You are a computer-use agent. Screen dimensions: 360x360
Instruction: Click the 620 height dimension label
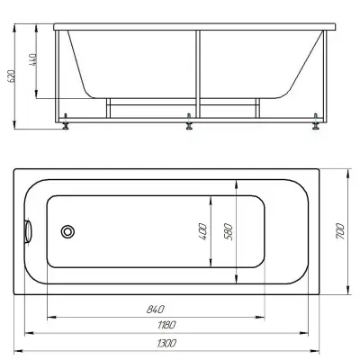[x=11, y=76]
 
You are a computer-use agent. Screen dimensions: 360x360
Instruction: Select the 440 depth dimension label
[x=33, y=59]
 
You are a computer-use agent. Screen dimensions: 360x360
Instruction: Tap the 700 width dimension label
[x=340, y=231]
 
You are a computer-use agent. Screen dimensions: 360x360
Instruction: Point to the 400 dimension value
[x=202, y=231]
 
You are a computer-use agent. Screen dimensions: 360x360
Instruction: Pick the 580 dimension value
[x=229, y=231]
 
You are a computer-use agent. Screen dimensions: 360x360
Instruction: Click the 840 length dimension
[x=156, y=309]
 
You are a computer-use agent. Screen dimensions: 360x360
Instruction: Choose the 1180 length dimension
[x=166, y=325]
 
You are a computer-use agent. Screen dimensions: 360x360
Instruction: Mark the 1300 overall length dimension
[x=166, y=343]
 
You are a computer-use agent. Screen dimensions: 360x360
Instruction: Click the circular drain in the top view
[x=67, y=231]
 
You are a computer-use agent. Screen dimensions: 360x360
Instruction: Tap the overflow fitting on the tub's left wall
[x=28, y=231]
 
